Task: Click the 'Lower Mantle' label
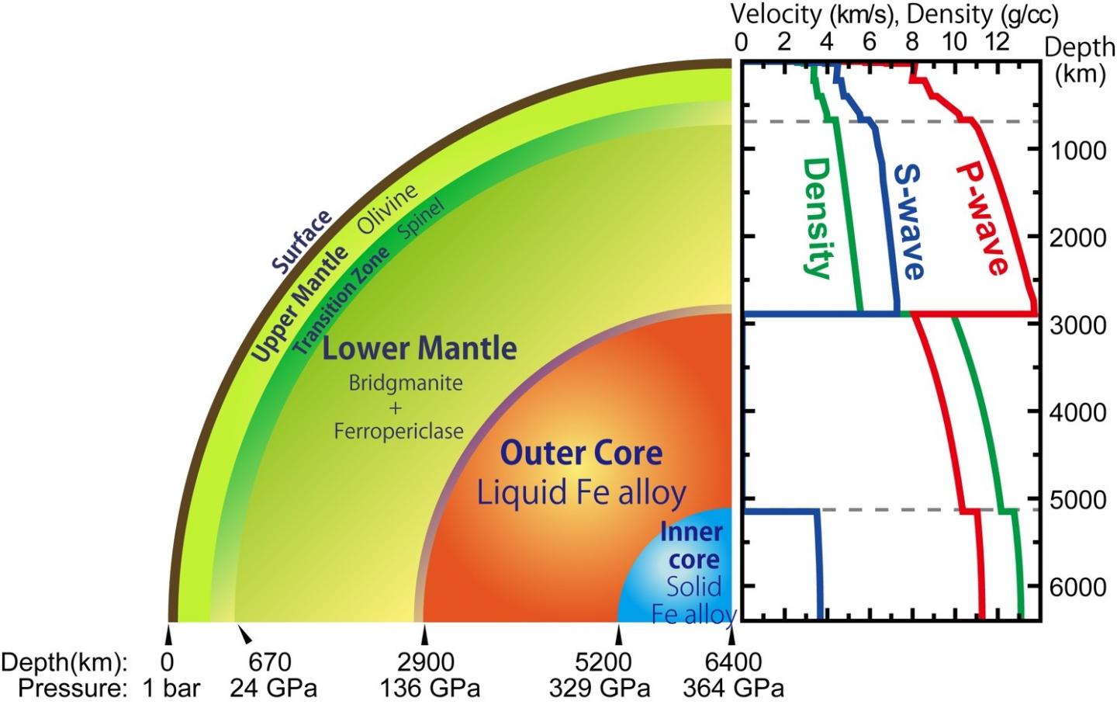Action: [x=419, y=349]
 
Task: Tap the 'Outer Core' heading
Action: [x=581, y=453]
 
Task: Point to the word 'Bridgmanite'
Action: [x=405, y=383]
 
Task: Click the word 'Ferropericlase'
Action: [x=399, y=431]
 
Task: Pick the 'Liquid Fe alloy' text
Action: [x=581, y=493]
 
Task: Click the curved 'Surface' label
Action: [x=302, y=241]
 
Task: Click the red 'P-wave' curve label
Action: [x=982, y=219]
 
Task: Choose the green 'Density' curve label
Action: [x=816, y=218]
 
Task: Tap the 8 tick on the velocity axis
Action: [x=912, y=41]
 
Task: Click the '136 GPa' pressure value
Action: [x=429, y=689]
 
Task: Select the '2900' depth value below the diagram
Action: [x=425, y=662]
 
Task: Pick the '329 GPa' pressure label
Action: [x=599, y=689]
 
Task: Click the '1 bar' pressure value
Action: [x=171, y=689]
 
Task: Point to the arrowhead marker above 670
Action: [x=245, y=636]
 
